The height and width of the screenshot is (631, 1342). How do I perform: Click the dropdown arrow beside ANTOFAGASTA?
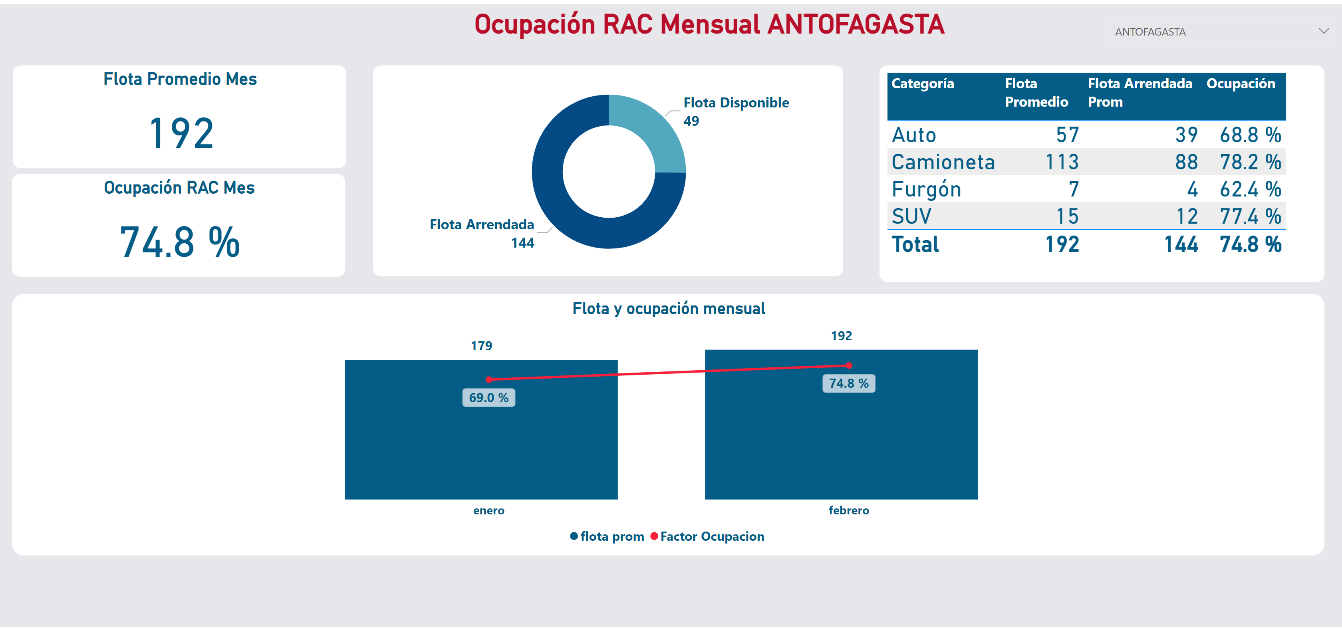click(1323, 31)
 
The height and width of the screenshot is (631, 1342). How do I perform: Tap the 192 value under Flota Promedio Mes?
click(181, 133)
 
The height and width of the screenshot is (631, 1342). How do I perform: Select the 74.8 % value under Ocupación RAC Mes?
click(180, 242)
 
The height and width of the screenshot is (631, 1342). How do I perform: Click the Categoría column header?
click(922, 84)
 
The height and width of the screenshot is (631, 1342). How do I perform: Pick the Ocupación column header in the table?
click(1241, 84)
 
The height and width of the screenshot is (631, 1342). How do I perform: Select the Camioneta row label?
click(943, 162)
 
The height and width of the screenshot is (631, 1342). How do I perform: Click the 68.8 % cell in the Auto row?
click(1250, 135)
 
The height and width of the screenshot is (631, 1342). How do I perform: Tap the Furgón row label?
click(926, 189)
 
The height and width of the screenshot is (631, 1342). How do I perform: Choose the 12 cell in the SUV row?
click(1187, 216)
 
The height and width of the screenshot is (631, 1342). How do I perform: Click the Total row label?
click(915, 244)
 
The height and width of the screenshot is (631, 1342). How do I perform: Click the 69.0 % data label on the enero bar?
click(488, 397)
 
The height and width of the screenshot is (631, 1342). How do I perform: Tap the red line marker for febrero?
click(849, 365)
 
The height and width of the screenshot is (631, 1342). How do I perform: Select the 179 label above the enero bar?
click(481, 345)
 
